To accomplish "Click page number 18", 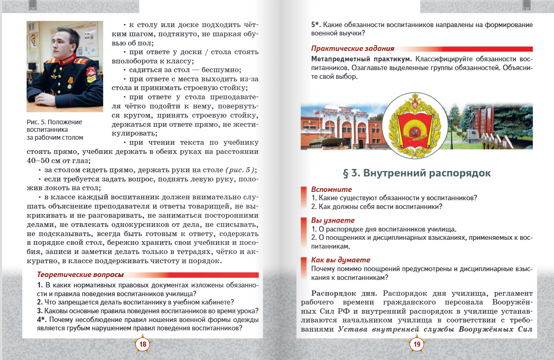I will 143,344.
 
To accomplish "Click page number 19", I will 417,344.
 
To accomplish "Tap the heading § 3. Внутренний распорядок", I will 416,173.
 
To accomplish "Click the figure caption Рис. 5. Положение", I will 54,122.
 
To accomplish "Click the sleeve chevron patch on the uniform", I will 91,75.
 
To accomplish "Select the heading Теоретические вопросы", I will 80,275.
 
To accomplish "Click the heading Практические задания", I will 352,48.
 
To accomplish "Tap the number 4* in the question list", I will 41,320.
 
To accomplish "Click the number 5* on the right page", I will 316,25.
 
